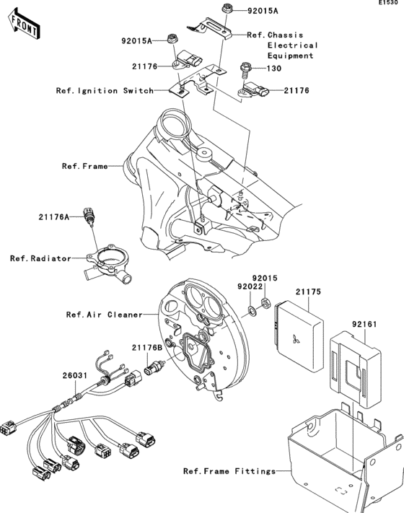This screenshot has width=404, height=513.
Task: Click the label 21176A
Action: pyautogui.click(x=54, y=216)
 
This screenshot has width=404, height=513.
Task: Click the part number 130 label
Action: pyautogui.click(x=275, y=69)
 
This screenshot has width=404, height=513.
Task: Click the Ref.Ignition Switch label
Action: pyautogui.click(x=105, y=91)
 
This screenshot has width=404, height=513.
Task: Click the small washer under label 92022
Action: pyautogui.click(x=250, y=311)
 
